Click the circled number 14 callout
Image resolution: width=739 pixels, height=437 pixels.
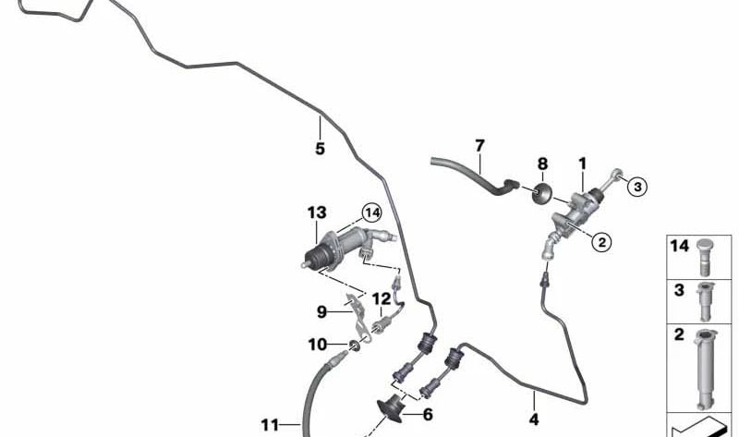click(x=372, y=213)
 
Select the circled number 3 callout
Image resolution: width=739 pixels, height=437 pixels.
click(x=637, y=187)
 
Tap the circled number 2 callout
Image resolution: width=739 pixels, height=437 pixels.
click(x=601, y=243)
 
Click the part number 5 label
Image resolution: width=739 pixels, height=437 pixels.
click(x=320, y=149)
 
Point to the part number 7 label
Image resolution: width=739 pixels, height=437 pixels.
click(x=479, y=146)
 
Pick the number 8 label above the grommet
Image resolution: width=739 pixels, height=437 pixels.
click(x=542, y=164)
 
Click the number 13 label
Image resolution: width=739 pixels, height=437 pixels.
click(x=317, y=212)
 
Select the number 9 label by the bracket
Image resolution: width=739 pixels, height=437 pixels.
click(x=321, y=311)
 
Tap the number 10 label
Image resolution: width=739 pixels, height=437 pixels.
click(x=317, y=345)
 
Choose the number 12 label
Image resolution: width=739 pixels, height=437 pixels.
click(x=382, y=298)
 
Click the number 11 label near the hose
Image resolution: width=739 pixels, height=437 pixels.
click(x=270, y=426)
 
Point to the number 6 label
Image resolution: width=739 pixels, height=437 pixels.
click(x=428, y=415)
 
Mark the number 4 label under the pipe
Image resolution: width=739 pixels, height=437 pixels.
click(x=534, y=419)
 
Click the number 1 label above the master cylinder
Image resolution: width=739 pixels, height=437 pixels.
click(x=583, y=164)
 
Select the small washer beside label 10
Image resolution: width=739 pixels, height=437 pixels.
click(x=355, y=348)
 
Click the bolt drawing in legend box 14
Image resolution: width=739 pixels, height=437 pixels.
click(x=705, y=257)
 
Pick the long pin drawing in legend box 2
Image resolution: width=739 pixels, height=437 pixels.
click(x=705, y=370)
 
